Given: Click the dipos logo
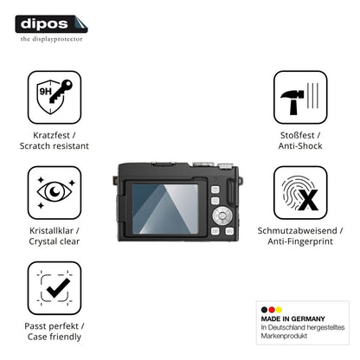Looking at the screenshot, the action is pyautogui.click(x=51, y=24).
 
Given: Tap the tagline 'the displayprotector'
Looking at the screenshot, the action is pyautogui.click(x=51, y=39).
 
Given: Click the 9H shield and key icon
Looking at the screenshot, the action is pyautogui.click(x=55, y=97).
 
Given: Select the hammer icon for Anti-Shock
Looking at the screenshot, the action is pyautogui.click(x=300, y=97).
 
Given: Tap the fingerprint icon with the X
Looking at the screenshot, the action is pyautogui.click(x=300, y=193).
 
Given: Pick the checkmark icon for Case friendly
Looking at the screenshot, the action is pyautogui.click(x=55, y=288).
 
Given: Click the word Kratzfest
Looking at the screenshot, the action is pyautogui.click(x=51, y=135).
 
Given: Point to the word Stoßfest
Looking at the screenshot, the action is pyautogui.click(x=297, y=135).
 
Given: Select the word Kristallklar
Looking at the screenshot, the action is pyautogui.click(x=51, y=231).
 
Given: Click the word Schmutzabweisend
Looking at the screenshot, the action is pyautogui.click(x=297, y=231).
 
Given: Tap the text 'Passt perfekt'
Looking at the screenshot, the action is pyautogui.click(x=51, y=326).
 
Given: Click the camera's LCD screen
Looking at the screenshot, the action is pyautogui.click(x=165, y=209).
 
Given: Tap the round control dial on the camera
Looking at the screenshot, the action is pyautogui.click(x=222, y=215).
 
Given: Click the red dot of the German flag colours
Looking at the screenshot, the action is pyautogui.click(x=272, y=310).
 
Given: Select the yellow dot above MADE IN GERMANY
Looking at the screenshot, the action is pyautogui.click(x=279, y=310).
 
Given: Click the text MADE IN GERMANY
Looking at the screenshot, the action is pyautogui.click(x=292, y=318).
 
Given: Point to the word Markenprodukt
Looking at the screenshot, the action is pyautogui.click(x=284, y=336).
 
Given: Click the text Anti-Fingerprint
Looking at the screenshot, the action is pyautogui.click(x=300, y=241).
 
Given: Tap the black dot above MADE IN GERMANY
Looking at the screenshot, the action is pyautogui.click(x=264, y=310).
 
